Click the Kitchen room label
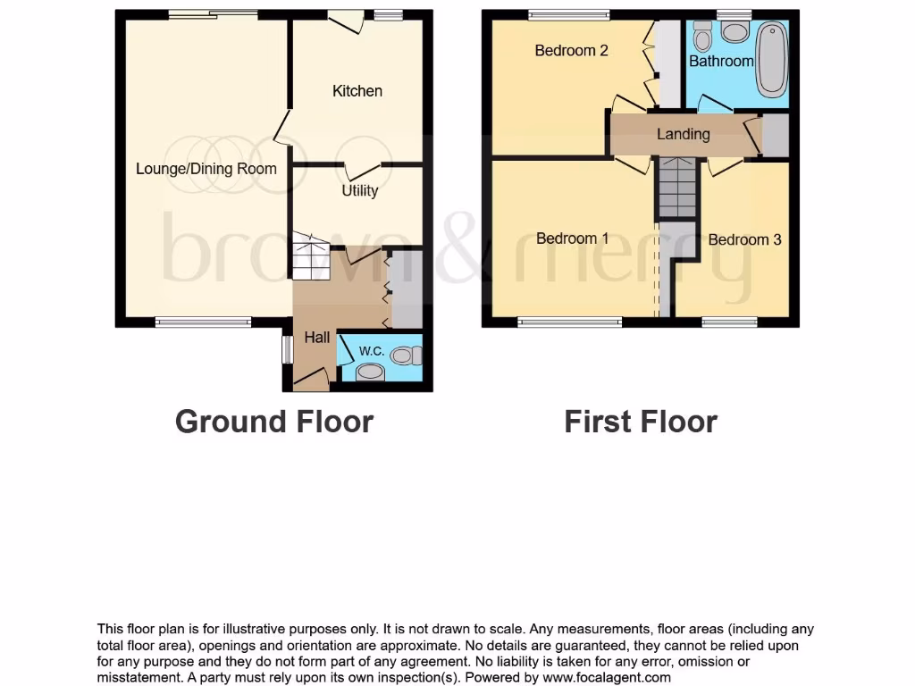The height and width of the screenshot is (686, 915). click(357, 91)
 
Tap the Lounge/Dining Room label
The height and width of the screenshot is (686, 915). click(206, 169)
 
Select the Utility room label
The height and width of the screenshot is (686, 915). click(360, 190)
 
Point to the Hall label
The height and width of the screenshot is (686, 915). click(316, 338)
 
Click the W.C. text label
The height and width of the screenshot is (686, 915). click(372, 351)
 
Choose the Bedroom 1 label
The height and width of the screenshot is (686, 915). click(572, 238)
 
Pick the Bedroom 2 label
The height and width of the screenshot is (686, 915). click(571, 51)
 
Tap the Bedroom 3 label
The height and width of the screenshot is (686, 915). click(744, 239)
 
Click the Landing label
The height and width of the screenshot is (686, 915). click(683, 134)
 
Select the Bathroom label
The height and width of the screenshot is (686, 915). click(720, 61)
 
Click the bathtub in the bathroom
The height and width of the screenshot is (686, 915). click(772, 61)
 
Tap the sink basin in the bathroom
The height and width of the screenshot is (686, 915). click(735, 33)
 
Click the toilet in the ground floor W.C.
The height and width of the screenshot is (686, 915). click(406, 356)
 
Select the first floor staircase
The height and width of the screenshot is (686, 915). click(677, 188)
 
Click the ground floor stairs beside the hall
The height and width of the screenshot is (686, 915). click(311, 257)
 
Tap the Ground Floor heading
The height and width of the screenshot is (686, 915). click(273, 421)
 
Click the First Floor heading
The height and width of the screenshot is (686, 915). click(640, 421)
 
